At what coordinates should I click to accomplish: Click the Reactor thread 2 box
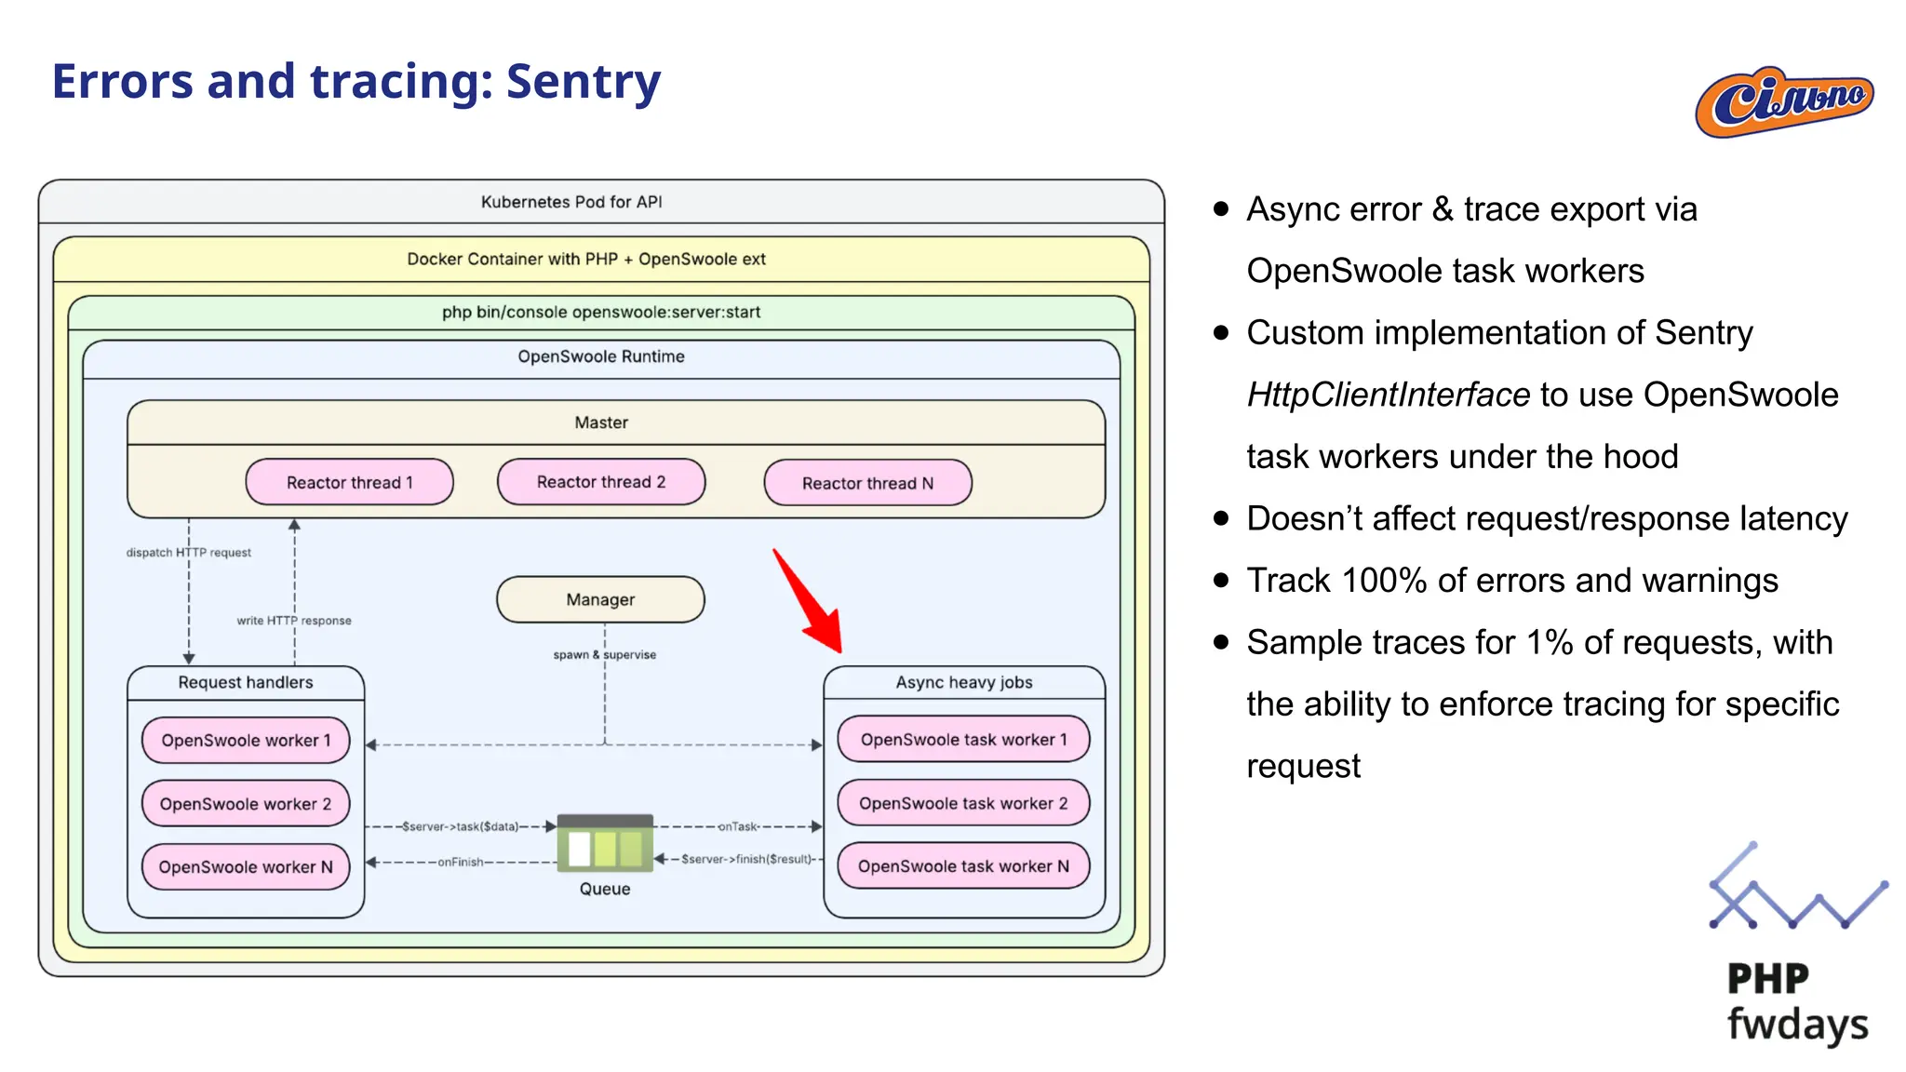point(601,482)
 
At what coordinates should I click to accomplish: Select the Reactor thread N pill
point(867,483)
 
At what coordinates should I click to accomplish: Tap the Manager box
point(600,599)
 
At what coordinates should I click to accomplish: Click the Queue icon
point(605,845)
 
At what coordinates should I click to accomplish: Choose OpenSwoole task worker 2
point(963,803)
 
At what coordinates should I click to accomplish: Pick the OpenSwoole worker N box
point(246,866)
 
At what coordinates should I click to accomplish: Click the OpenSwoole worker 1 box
point(246,740)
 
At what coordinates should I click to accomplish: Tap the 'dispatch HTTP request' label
point(189,553)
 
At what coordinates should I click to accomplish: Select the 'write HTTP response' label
point(294,621)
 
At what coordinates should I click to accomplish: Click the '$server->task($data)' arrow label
point(460,826)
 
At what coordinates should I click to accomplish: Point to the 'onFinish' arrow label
point(461,862)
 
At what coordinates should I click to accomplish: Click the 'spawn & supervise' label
point(605,655)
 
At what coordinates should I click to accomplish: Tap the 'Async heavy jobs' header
point(964,682)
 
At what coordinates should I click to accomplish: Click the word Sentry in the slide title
point(584,82)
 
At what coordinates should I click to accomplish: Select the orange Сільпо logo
point(1784,102)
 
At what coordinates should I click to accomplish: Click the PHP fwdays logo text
point(1795,1003)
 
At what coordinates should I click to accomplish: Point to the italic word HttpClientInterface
point(1388,395)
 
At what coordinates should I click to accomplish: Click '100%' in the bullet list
point(1384,581)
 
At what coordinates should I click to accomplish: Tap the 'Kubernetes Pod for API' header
point(571,202)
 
